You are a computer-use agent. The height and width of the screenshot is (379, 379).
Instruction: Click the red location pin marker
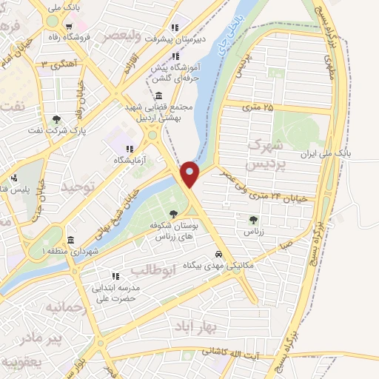(190, 173)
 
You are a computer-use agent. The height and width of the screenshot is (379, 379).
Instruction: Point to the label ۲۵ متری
(257, 107)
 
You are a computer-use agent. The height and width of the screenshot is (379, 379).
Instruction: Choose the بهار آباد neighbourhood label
(194, 325)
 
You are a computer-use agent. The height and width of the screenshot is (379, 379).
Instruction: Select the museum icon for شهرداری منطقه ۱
(70, 240)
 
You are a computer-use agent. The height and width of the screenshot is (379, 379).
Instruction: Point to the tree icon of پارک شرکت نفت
(57, 118)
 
